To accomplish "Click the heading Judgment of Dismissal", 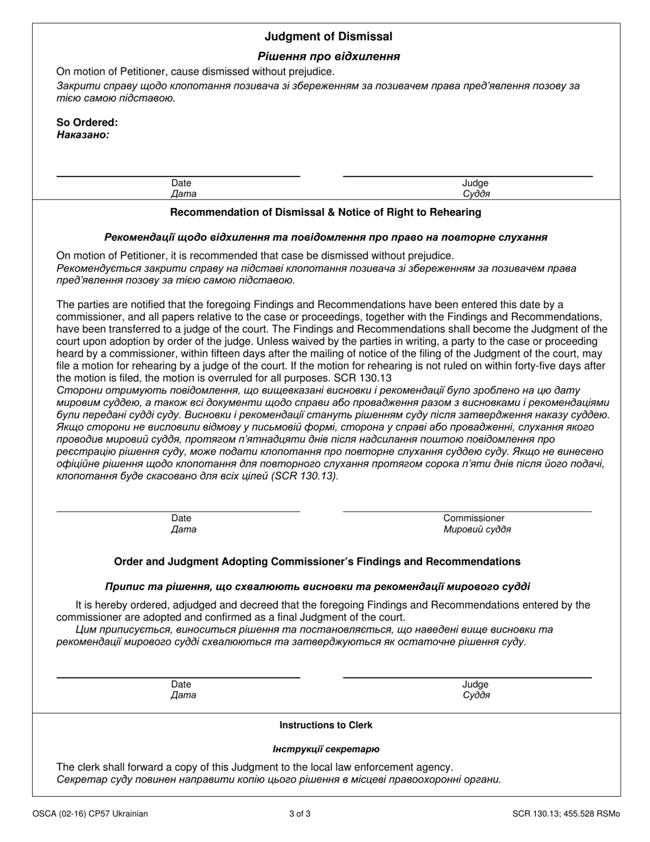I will tap(328, 37).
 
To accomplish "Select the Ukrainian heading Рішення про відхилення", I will tap(328, 56).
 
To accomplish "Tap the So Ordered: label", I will tap(87, 123).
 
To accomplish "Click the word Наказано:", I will tap(83, 135).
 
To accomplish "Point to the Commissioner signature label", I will tap(473, 518).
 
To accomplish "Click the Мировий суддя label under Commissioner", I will tap(477, 530).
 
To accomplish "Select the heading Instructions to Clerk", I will tap(326, 725).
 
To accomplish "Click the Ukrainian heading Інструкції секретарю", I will tap(326, 749).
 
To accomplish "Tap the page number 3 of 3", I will tap(300, 814).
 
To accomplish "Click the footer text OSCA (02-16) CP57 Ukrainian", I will tap(90, 814).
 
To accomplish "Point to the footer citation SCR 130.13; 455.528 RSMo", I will tap(566, 814).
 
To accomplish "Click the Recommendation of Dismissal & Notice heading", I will tap(325, 212).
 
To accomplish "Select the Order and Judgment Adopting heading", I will tap(317, 561).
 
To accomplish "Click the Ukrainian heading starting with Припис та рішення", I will tap(317, 587).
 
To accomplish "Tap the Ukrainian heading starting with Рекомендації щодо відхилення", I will tap(326, 238).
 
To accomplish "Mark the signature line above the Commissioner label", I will tap(467, 511).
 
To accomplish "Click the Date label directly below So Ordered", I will tap(181, 183).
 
